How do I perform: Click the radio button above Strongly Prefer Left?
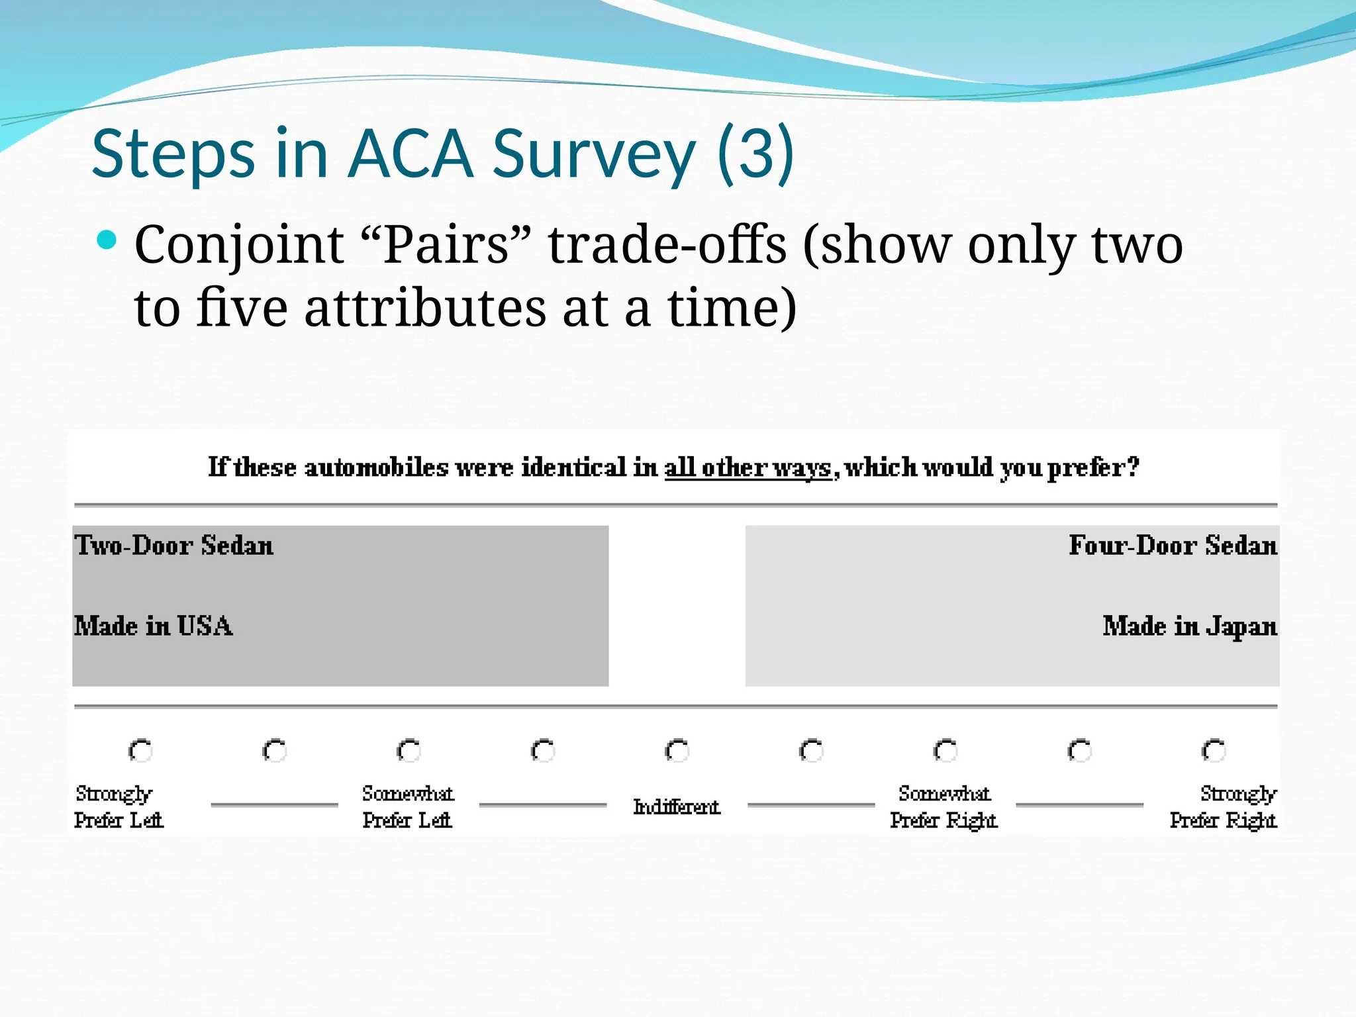pyautogui.click(x=140, y=751)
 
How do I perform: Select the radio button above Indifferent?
pyautogui.click(x=677, y=751)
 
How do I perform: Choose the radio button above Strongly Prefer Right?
pyautogui.click(x=1214, y=751)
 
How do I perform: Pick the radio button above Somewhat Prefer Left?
pyautogui.click(x=409, y=751)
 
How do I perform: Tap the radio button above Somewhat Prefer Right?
pyautogui.click(x=945, y=751)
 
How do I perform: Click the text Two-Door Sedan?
pyautogui.click(x=173, y=546)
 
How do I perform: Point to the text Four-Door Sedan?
pyautogui.click(x=1173, y=546)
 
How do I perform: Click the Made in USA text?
pyautogui.click(x=153, y=626)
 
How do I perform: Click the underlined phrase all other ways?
pyautogui.click(x=748, y=467)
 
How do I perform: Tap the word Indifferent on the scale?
pyautogui.click(x=676, y=806)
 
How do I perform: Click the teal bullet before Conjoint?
pyautogui.click(x=106, y=240)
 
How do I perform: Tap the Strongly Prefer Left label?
pyautogui.click(x=118, y=806)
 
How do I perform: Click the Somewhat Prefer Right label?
pyautogui.click(x=944, y=806)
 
